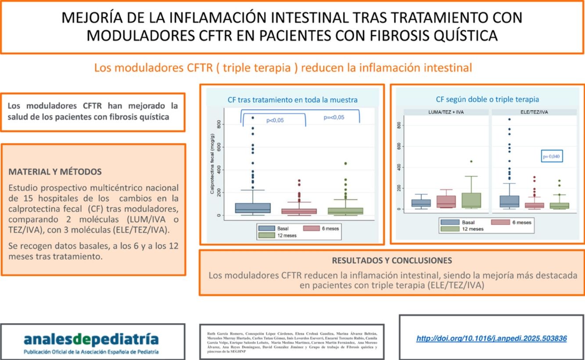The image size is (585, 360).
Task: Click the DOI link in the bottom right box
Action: pos(491,338)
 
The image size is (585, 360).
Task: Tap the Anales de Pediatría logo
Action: pos(91,339)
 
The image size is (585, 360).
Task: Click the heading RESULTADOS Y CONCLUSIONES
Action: pos(391,260)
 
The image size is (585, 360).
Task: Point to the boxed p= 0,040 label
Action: pos(551,157)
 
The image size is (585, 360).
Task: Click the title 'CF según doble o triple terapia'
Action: pos(487,99)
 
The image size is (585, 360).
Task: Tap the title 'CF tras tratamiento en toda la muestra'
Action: pos(292,100)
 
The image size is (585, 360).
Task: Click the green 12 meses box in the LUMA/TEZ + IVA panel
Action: pos(471,200)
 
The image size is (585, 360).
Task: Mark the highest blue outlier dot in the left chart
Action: pos(253,118)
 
